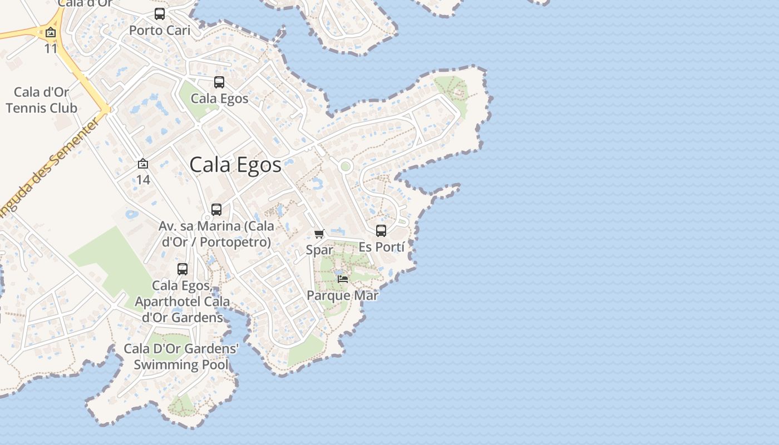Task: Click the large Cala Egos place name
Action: (235, 165)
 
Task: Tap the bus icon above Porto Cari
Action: (160, 14)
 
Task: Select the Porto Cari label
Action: (160, 30)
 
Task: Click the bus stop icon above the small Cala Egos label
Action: (219, 82)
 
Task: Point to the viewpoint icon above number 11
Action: (51, 32)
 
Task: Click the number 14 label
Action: (143, 180)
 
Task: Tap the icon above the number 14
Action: (143, 164)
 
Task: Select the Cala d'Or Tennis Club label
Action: (41, 100)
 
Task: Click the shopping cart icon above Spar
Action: (319, 234)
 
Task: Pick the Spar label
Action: (319, 250)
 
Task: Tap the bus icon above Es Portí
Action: (381, 230)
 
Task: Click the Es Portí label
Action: (381, 246)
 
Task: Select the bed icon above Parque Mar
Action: (343, 279)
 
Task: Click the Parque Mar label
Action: (343, 295)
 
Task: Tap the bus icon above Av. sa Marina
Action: (216, 210)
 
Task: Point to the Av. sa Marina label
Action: (216, 234)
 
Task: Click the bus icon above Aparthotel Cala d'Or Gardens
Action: (183, 269)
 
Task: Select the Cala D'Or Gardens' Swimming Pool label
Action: (181, 357)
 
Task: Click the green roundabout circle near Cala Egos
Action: (346, 166)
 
